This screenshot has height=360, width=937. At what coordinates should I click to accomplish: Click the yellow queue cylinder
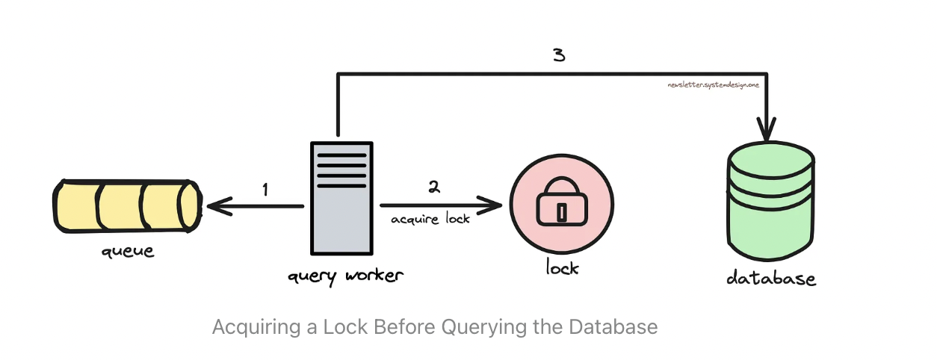(x=126, y=205)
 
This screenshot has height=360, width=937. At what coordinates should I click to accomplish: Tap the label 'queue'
(x=128, y=251)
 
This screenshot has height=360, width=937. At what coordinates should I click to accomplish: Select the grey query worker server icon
(x=340, y=198)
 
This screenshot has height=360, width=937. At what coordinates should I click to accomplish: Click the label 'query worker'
(x=346, y=276)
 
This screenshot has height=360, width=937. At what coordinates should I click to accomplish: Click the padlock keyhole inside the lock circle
(x=561, y=211)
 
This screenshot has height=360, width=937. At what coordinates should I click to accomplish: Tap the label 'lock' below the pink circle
(x=561, y=267)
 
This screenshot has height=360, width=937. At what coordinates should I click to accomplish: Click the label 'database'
(x=771, y=279)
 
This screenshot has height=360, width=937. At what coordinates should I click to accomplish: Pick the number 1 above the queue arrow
(x=265, y=190)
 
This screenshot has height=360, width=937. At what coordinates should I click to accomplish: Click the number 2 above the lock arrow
(x=434, y=187)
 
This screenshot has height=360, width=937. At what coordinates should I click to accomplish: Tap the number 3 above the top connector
(x=559, y=56)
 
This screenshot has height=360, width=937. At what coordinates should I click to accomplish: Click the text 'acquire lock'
(x=431, y=219)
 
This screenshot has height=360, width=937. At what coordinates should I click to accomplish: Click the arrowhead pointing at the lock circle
(x=492, y=205)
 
